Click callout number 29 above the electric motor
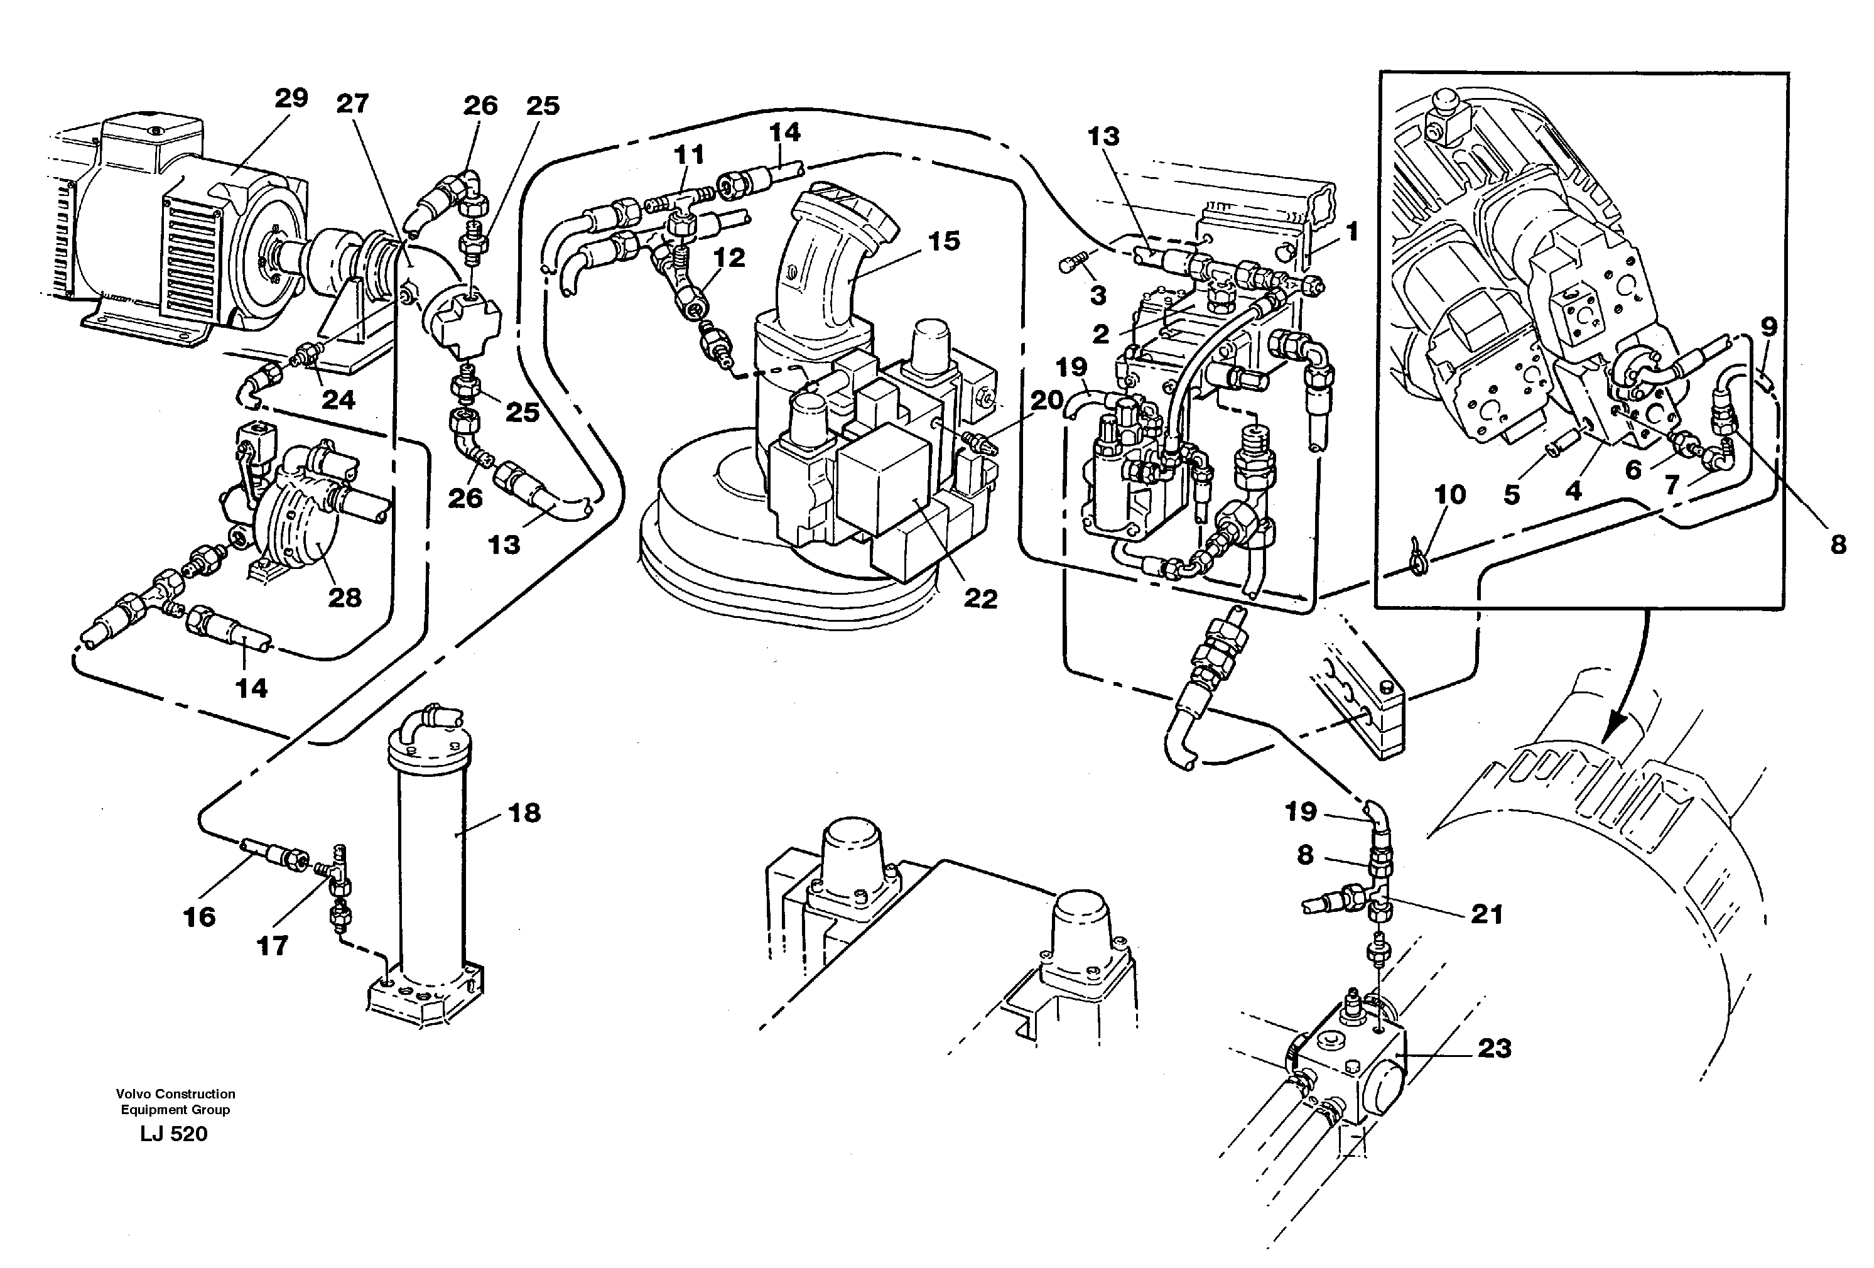coord(291,99)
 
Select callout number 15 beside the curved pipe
coord(945,241)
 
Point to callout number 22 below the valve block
coord(980,599)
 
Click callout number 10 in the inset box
coord(1450,494)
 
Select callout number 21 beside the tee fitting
coord(1487,914)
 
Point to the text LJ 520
coord(173,1134)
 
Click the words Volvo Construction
coord(176,1094)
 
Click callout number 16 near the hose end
coord(199,916)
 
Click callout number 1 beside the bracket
coord(1352,232)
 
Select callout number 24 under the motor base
coord(338,400)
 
